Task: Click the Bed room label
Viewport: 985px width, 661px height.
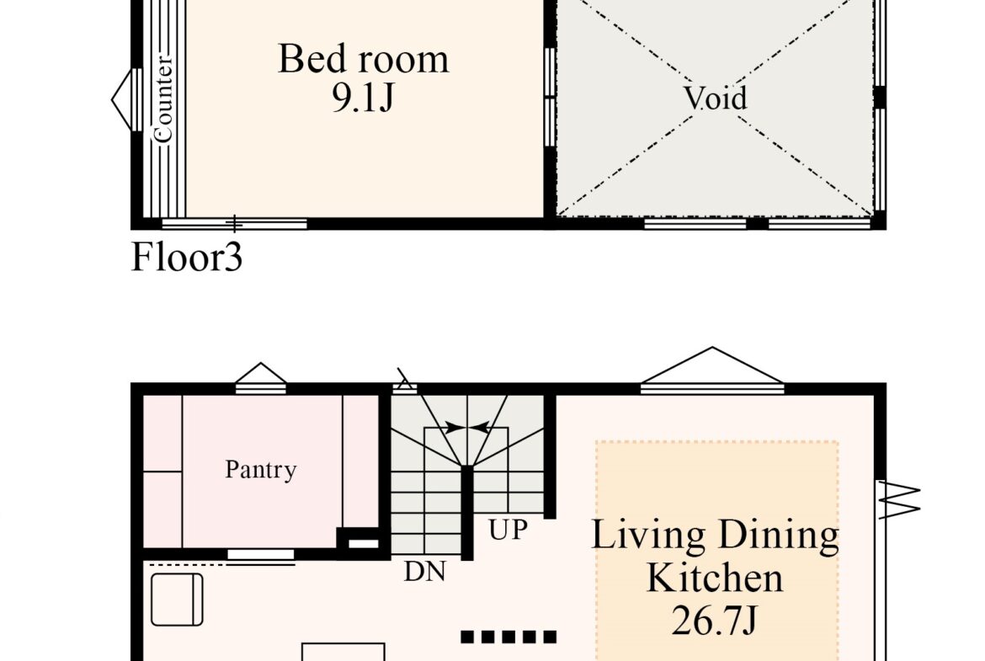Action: coord(363,59)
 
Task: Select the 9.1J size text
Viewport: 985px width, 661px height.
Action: coord(363,98)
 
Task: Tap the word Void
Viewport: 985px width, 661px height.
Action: coord(715,98)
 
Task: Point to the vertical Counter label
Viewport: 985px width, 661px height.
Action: coord(162,99)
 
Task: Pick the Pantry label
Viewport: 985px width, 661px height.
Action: coord(261,469)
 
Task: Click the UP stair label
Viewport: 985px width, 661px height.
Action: coord(508,530)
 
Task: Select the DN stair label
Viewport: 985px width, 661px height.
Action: coord(424,571)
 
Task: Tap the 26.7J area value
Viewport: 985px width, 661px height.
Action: coord(714,620)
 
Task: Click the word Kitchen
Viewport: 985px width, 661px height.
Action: coord(715,578)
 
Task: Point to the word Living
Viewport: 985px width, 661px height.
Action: coord(649,536)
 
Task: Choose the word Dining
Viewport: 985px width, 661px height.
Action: coord(779,536)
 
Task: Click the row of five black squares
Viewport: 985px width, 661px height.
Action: coord(508,637)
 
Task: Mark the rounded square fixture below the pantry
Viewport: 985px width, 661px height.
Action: coord(177,599)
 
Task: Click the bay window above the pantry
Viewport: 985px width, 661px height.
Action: coord(261,378)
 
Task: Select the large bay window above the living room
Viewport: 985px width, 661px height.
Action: coord(712,370)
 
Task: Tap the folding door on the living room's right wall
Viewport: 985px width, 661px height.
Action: coord(899,499)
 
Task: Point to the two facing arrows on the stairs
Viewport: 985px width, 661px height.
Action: coord(466,428)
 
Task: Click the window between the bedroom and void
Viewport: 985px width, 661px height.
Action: coord(550,97)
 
